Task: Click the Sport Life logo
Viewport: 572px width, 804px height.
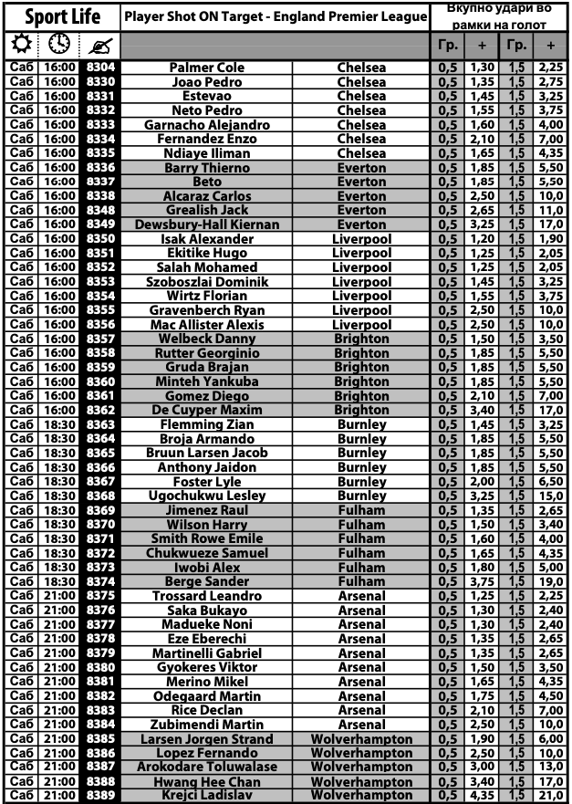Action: point(62,16)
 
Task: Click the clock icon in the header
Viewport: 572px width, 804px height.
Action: point(59,44)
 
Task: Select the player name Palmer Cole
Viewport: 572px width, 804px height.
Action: point(206,68)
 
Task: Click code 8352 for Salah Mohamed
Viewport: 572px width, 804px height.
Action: point(100,267)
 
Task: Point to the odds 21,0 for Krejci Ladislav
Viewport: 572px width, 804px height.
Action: point(550,796)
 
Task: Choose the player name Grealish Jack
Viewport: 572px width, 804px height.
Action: point(206,210)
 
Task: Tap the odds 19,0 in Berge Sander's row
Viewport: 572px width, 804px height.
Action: point(550,581)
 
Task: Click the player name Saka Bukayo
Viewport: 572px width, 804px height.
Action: point(206,611)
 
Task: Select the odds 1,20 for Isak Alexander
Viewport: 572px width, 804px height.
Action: point(481,239)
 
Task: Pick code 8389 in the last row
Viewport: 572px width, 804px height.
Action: point(100,796)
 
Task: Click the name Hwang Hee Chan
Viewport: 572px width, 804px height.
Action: point(206,782)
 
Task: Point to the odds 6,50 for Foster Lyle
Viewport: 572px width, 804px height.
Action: point(550,482)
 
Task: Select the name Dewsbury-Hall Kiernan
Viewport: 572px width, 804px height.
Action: point(206,224)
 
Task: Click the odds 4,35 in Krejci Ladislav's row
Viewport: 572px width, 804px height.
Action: point(481,796)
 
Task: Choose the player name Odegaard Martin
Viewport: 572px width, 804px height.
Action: point(206,696)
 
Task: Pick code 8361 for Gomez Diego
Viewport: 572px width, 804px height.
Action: point(100,396)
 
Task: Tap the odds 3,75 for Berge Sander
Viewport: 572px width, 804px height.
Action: point(481,581)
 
